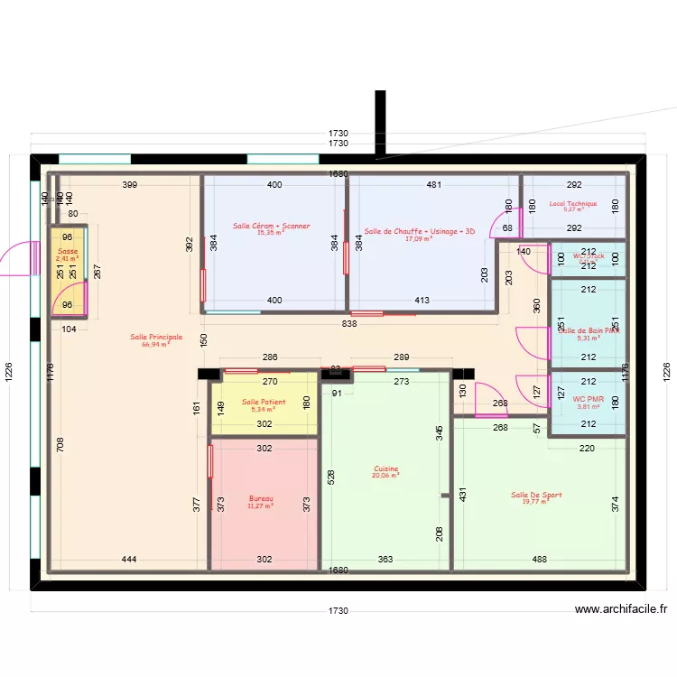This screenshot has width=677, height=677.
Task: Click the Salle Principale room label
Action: (x=156, y=337)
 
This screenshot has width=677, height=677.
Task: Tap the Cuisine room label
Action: (x=385, y=468)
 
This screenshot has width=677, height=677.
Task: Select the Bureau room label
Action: (x=261, y=498)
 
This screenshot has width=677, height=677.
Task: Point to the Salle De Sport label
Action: (x=536, y=495)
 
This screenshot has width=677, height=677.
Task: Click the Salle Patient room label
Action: (x=264, y=402)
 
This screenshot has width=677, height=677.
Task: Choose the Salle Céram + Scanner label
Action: (x=271, y=226)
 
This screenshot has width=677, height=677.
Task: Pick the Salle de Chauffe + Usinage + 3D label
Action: (x=419, y=232)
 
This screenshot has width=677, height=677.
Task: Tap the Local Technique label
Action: (x=573, y=203)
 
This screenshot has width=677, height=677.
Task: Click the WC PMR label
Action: (x=588, y=398)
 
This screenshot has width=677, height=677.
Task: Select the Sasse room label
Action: (x=68, y=252)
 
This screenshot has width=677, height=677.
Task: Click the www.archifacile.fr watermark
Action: (x=621, y=609)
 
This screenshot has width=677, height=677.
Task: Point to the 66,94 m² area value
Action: (x=156, y=344)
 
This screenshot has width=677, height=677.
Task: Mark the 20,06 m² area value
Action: (x=385, y=476)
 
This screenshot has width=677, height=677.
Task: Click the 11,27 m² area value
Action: (x=261, y=505)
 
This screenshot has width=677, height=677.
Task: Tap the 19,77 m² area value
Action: (x=536, y=502)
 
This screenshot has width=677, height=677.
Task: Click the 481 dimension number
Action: (x=434, y=185)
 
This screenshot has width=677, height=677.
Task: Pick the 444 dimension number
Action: (x=130, y=560)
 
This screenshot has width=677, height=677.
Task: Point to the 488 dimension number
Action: (x=539, y=560)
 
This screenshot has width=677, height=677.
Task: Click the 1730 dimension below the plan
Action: (x=338, y=611)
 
